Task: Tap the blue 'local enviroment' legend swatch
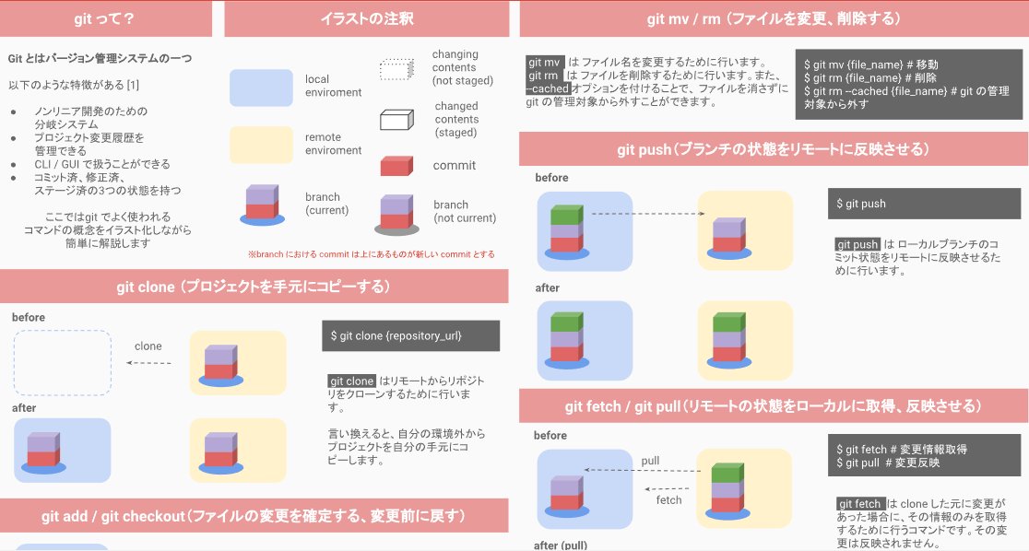pos(261,88)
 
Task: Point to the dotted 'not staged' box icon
pos(398,70)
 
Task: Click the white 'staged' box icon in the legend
pos(399,121)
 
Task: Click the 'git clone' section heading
pos(254,287)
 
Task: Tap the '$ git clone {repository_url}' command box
pos(410,335)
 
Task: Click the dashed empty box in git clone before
pos(63,362)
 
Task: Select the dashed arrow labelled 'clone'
pos(148,363)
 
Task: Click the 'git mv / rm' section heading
pos(773,18)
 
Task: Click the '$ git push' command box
pos(924,204)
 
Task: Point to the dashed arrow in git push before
pos(646,215)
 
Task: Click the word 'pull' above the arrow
pos(651,460)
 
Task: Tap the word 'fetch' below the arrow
pos(668,499)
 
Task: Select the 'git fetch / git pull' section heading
pos(773,405)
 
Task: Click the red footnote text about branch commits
pos(371,254)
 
